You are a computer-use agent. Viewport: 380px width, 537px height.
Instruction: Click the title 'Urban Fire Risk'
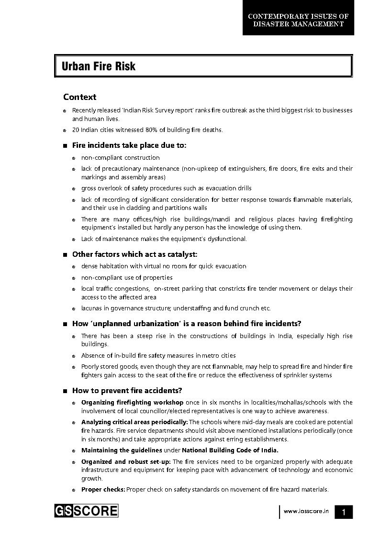coord(99,66)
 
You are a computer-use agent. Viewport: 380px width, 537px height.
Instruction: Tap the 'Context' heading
coord(79,97)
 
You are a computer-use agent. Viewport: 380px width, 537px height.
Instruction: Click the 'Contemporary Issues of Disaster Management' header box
coord(298,20)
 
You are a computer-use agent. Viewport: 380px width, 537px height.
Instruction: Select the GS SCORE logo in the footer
coord(86,511)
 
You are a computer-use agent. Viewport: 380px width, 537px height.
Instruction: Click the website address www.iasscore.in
coord(306,511)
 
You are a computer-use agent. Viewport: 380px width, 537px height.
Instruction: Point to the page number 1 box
coord(343,512)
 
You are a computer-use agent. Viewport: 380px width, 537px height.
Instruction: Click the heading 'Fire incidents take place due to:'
coord(129,145)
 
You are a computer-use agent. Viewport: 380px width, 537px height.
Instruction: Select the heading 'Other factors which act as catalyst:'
coord(134,254)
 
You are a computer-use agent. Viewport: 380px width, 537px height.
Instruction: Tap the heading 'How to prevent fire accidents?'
coord(127,391)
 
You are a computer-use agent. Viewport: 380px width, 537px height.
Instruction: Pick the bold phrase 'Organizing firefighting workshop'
coord(132,403)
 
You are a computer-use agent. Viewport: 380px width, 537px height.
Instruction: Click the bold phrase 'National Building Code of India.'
coord(230,450)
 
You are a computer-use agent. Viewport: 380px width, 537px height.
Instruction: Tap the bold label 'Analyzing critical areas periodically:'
coord(134,422)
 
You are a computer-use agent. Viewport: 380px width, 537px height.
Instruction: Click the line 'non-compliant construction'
coord(120,157)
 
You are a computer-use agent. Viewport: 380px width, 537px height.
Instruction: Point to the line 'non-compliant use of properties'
coord(127,277)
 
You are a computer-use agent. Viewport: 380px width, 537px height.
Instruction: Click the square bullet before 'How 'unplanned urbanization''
coord(65,324)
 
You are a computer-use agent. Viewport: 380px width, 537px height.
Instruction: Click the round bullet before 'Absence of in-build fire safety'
coord(74,356)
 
